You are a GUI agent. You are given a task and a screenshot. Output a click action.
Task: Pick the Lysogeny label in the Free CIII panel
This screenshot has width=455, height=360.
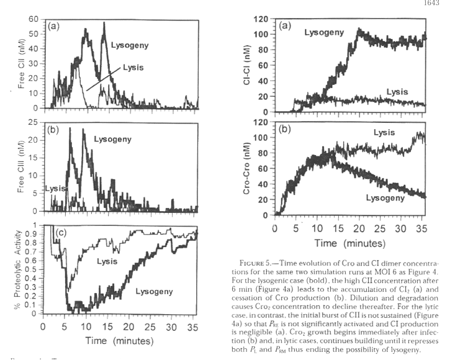tap(114, 141)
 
